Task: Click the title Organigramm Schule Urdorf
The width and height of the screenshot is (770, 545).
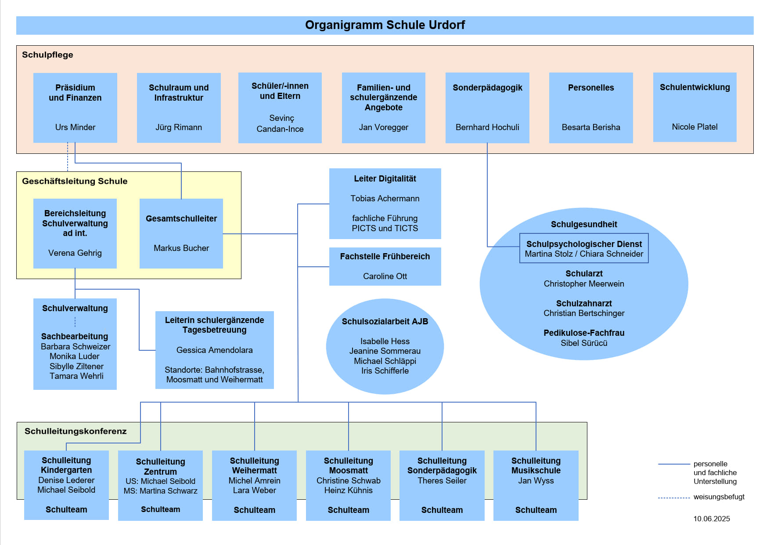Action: pos(385,25)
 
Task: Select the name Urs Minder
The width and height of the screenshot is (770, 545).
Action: pos(75,127)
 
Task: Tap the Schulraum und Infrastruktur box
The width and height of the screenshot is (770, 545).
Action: pos(179,108)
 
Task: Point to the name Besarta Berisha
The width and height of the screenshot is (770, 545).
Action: pos(591,127)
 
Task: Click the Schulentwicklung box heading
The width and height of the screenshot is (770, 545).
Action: pos(694,87)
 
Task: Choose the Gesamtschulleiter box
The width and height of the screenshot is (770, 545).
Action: pos(181,233)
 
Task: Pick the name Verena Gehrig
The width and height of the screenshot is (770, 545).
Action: pos(75,253)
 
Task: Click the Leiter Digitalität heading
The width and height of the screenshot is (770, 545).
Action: pos(385,178)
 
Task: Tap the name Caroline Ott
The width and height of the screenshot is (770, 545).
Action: pos(385,276)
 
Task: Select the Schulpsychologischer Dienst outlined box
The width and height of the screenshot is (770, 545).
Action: pos(584,248)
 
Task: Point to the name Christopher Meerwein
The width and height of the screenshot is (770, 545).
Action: pos(584,283)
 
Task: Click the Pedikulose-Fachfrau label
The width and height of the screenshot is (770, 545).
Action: pos(584,333)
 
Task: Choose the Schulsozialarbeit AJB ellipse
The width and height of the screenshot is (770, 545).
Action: pos(385,346)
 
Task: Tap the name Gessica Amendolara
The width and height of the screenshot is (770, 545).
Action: pos(214,350)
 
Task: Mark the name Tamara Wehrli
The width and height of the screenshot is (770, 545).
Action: pos(76,376)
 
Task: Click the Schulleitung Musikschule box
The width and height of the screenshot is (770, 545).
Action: pos(536,485)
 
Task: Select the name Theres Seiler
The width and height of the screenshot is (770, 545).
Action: pos(442,480)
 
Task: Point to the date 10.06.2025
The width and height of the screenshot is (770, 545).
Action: pos(712,519)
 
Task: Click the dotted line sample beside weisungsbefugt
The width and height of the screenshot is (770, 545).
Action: pos(674,498)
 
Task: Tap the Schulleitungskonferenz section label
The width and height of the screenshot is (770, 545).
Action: pos(76,431)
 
